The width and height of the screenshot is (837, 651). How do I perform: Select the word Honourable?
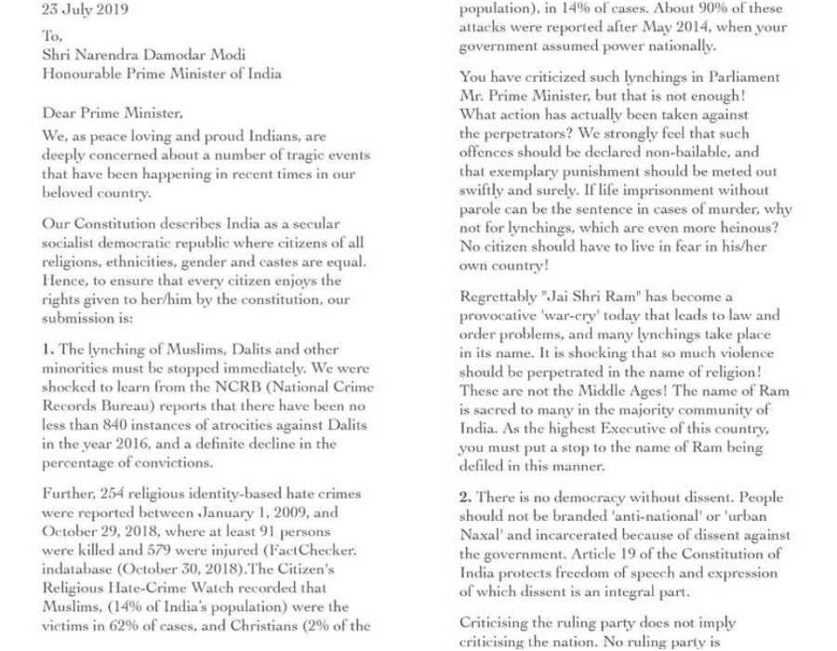pyautogui.click(x=86, y=73)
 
